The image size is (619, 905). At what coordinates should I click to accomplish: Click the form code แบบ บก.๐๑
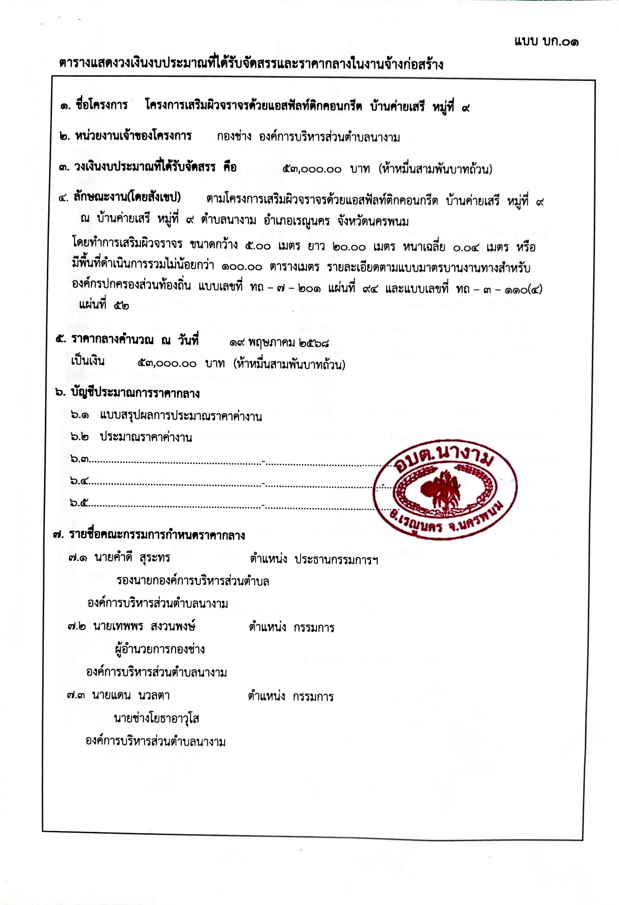546,41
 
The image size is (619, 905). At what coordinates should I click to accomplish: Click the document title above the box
251,63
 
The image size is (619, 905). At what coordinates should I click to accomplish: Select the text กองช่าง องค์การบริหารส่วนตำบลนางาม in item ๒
308,137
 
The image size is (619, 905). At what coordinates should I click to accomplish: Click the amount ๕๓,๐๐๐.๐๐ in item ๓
312,169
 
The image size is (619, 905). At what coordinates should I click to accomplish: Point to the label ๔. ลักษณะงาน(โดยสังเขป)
120,198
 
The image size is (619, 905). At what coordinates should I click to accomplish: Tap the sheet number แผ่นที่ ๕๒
104,305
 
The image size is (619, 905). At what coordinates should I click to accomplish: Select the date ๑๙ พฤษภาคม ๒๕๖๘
279,343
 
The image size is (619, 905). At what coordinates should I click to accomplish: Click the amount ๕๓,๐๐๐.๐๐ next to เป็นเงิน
167,364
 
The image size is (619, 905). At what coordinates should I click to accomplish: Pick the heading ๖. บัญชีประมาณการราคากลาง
127,393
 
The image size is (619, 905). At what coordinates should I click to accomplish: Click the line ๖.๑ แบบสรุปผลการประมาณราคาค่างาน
166,416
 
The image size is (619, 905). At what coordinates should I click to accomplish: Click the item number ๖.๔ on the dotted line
79,481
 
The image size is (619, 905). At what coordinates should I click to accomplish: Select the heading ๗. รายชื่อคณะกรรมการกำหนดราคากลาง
149,535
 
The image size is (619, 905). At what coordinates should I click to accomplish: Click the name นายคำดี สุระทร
132,558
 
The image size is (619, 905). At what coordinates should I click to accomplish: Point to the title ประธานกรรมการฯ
336,559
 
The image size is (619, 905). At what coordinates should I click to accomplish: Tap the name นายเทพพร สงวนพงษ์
144,627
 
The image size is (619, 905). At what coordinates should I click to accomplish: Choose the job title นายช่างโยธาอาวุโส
156,718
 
